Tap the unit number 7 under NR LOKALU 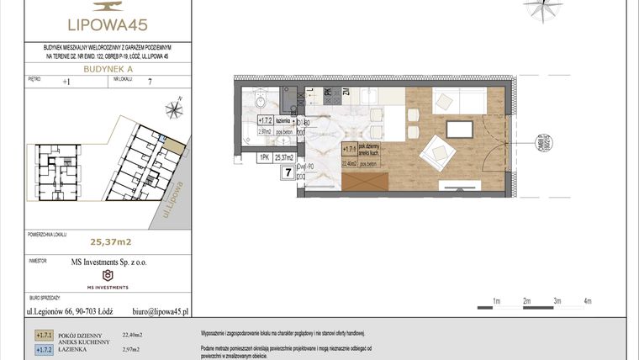click(149, 82)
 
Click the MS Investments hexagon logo click(107, 276)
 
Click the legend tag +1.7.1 click(44, 334)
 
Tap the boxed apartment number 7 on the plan click(288, 173)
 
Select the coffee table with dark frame click(460, 129)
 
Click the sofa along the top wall click(457, 101)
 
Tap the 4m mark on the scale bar click(588, 300)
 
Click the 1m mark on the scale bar click(496, 300)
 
